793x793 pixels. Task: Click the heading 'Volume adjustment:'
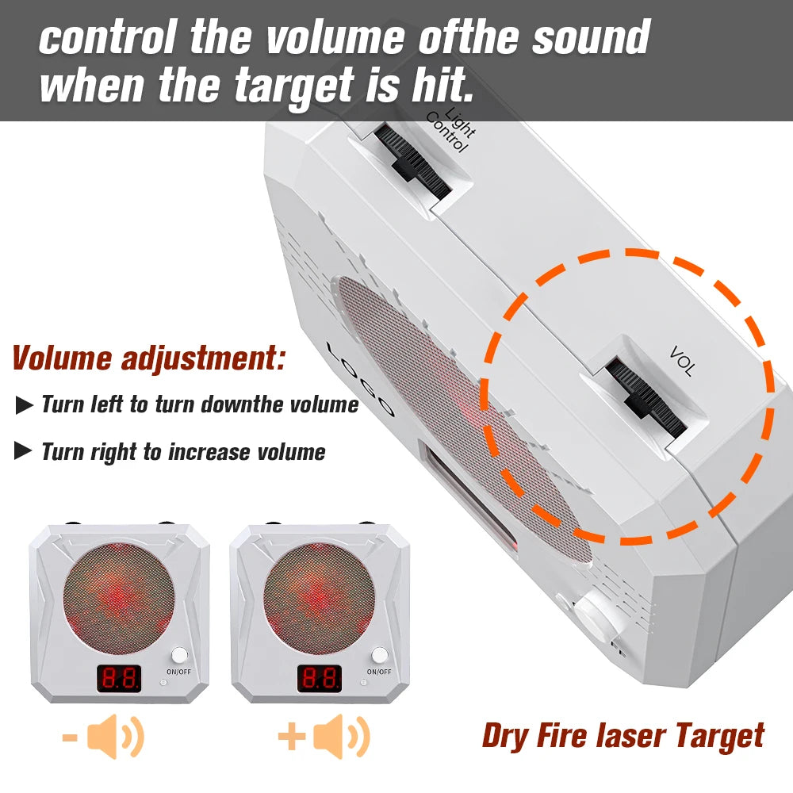click(148, 358)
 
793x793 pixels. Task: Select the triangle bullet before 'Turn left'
click(24, 406)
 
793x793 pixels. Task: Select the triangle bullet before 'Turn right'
click(24, 453)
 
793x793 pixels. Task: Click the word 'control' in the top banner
click(108, 37)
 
